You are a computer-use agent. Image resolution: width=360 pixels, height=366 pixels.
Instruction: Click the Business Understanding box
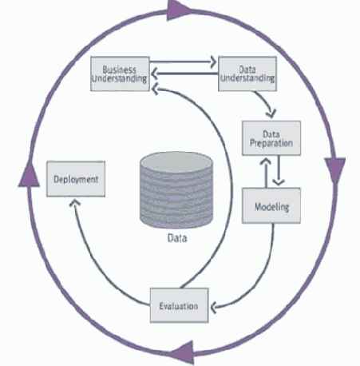pyautogui.click(x=120, y=74)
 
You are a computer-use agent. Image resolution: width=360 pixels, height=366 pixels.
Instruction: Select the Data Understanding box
pyautogui.click(x=247, y=74)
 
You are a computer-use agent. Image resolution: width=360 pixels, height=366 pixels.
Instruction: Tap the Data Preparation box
pyautogui.click(x=271, y=138)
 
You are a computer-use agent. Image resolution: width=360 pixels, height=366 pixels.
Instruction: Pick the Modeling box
pyautogui.click(x=271, y=205)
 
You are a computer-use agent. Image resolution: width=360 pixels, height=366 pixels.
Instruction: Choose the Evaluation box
pyautogui.click(x=180, y=305)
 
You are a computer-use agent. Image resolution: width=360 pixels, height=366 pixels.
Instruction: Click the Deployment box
pyautogui.click(x=76, y=179)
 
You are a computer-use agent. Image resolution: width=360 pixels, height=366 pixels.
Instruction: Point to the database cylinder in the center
pyautogui.click(x=176, y=190)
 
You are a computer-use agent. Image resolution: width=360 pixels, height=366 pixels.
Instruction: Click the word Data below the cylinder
pyautogui.click(x=177, y=238)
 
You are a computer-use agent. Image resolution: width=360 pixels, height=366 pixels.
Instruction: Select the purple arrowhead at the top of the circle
pyautogui.click(x=178, y=10)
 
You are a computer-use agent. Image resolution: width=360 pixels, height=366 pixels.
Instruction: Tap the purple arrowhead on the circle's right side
pyautogui.click(x=335, y=169)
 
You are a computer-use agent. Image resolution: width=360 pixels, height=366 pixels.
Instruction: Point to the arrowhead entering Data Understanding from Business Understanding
pyautogui.click(x=213, y=62)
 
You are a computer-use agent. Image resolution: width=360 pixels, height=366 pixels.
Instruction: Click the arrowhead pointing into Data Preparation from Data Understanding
pyautogui.click(x=271, y=113)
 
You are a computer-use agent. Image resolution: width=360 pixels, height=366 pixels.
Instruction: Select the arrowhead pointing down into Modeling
pyautogui.click(x=279, y=182)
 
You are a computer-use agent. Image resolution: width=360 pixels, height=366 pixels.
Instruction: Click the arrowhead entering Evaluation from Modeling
pyautogui.click(x=214, y=308)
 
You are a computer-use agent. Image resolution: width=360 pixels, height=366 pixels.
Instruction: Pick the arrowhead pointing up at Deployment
pyautogui.click(x=75, y=203)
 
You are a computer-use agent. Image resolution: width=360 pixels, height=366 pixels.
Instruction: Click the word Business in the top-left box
pyautogui.click(x=120, y=70)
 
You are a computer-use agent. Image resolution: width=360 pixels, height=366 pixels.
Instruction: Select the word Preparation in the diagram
pyautogui.click(x=271, y=143)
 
